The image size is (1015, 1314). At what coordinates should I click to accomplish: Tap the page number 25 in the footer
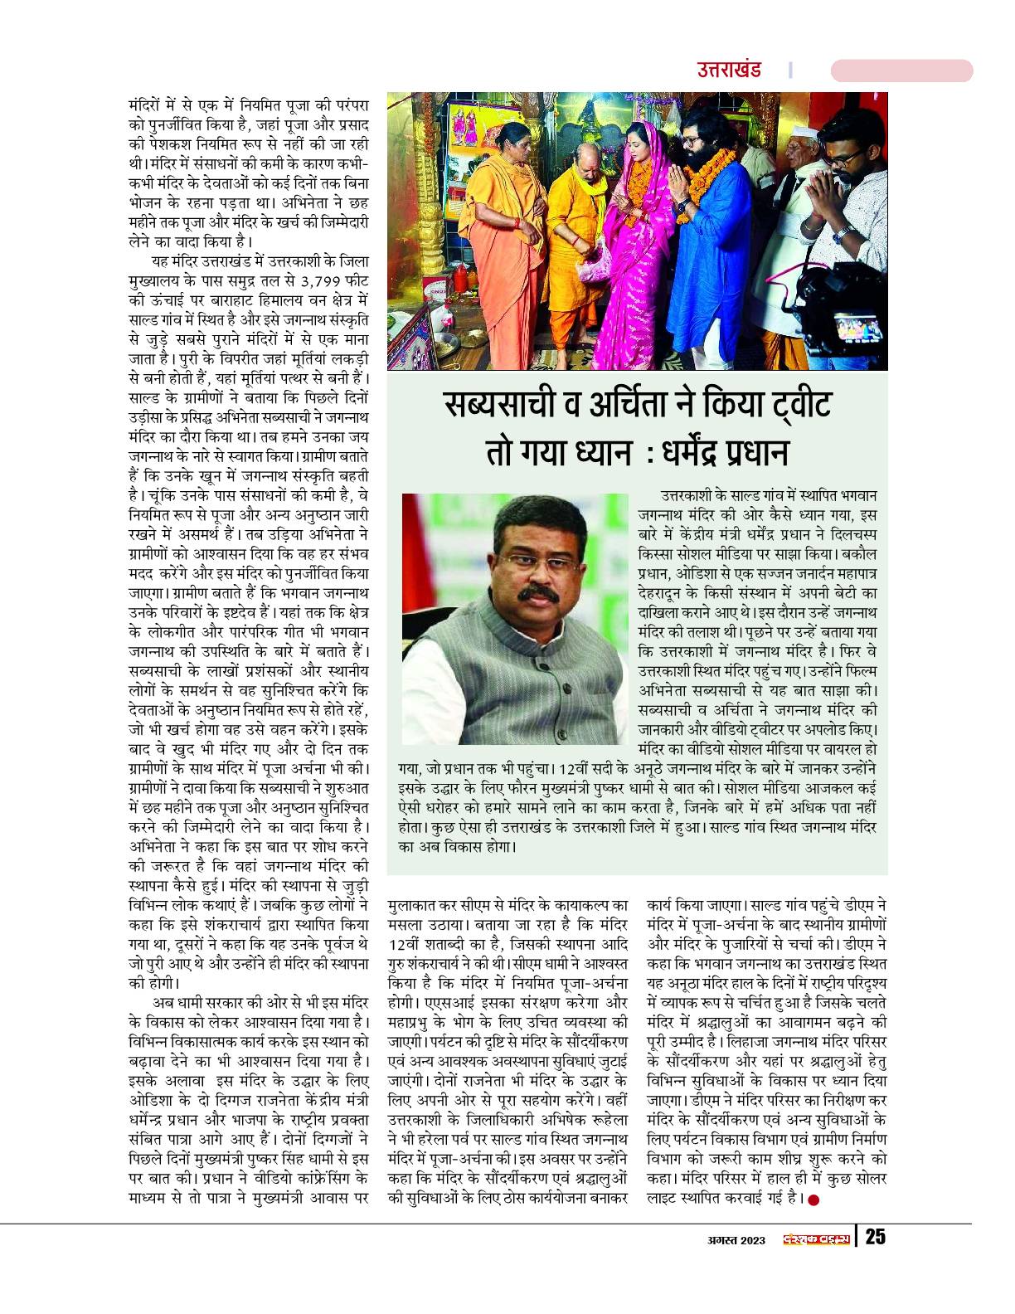[x=876, y=1237]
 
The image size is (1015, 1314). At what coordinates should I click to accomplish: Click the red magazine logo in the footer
[x=816, y=1238]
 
